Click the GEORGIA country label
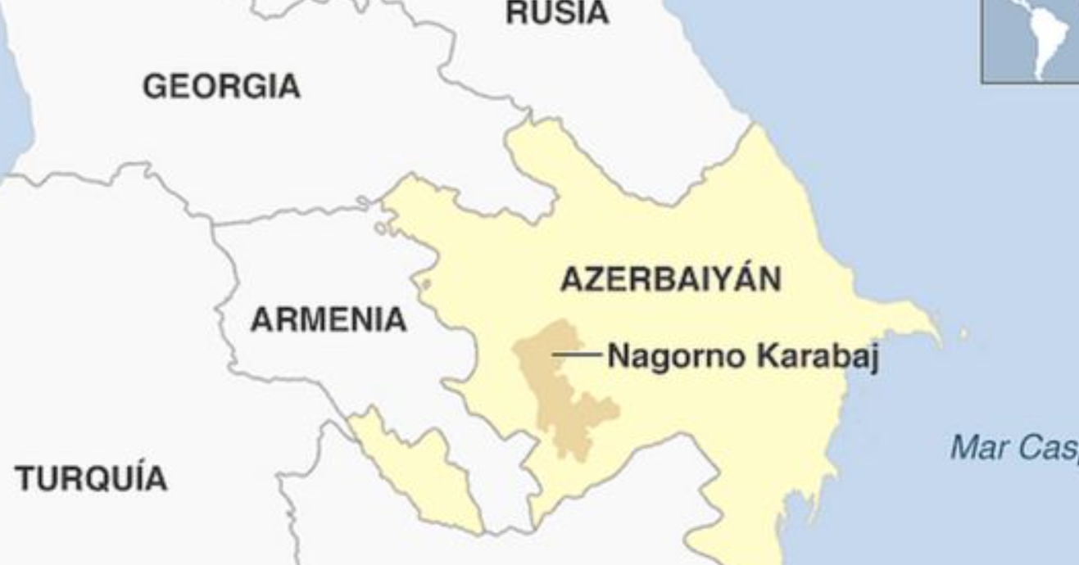click(221, 87)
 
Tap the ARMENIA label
click(328, 319)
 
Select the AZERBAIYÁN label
click(671, 279)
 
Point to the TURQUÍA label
click(90, 478)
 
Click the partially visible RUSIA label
click(557, 13)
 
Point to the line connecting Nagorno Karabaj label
click(578, 355)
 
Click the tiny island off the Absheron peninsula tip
click(963, 334)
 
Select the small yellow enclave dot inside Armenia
click(425, 285)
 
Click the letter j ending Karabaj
click(871, 360)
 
